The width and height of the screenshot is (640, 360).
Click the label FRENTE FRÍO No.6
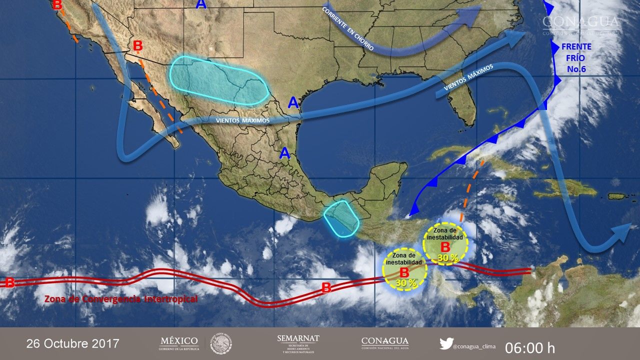coord(576,57)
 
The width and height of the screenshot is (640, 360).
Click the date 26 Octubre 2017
coord(73,344)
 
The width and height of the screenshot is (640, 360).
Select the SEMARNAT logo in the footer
coord(298,343)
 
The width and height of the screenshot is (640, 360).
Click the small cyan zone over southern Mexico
coord(341,218)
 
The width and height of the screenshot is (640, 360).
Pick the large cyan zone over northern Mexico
coord(217,80)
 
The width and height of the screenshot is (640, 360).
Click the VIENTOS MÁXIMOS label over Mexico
coord(242,120)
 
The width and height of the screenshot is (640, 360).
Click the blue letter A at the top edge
coord(201,4)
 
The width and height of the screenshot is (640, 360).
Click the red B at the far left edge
coord(9,282)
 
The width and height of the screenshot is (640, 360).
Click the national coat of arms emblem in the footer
coord(220,343)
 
